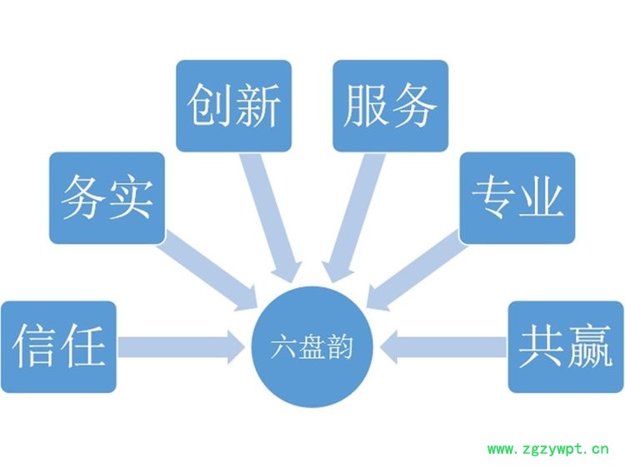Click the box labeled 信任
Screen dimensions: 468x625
(x=58, y=346)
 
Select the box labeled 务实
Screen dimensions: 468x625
(x=107, y=198)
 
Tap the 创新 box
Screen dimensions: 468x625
(x=233, y=106)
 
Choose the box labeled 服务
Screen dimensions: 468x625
(x=390, y=106)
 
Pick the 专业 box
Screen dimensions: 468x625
(x=517, y=198)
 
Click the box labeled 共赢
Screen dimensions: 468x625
(x=566, y=346)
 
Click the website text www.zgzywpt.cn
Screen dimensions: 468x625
(x=547, y=451)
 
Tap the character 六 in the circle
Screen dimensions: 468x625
(x=284, y=347)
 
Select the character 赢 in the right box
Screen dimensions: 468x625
(x=589, y=346)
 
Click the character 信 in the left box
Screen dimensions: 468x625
(x=35, y=346)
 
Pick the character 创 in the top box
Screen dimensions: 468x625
(x=210, y=106)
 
